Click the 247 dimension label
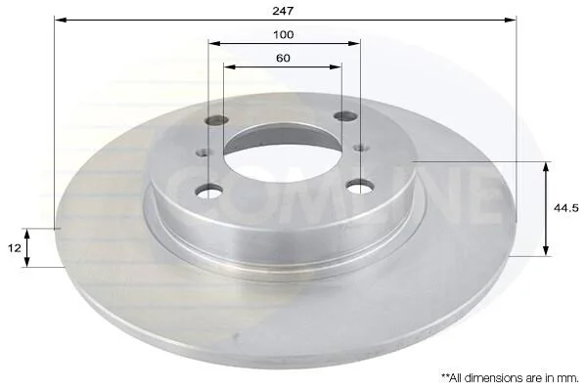tap(283, 11)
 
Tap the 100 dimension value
tap(284, 35)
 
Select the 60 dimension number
tap(283, 59)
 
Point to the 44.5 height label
tap(566, 208)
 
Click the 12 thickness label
tap(15, 247)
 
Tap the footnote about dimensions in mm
tap(510, 377)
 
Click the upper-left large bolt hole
tap(217, 120)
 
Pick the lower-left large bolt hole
tap(208, 191)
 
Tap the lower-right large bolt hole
tap(360, 186)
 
